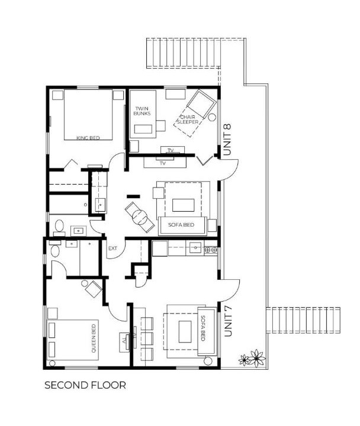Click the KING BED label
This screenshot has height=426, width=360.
[88, 138]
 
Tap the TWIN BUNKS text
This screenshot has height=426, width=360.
[142, 111]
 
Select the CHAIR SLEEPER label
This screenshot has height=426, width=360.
[188, 120]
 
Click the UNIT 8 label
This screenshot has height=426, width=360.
[227, 140]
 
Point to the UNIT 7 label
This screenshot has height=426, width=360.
[228, 321]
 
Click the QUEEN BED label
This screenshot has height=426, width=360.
[94, 338]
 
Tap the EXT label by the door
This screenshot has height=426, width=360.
[112, 248]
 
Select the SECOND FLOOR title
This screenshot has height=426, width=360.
[85, 385]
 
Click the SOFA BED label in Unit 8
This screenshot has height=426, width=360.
[181, 225]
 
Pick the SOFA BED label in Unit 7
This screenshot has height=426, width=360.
[203, 328]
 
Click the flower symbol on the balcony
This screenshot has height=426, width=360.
[252, 358]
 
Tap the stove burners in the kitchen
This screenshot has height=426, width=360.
[211, 250]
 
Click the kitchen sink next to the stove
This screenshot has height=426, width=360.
[195, 248]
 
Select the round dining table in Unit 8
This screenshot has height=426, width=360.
[140, 217]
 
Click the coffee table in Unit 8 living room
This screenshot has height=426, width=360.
[184, 205]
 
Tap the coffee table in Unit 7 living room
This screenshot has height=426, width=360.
[185, 331]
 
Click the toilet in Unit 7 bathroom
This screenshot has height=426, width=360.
[55, 249]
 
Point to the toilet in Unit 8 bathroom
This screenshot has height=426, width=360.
[59, 228]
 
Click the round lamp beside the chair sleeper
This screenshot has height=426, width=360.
[212, 117]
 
